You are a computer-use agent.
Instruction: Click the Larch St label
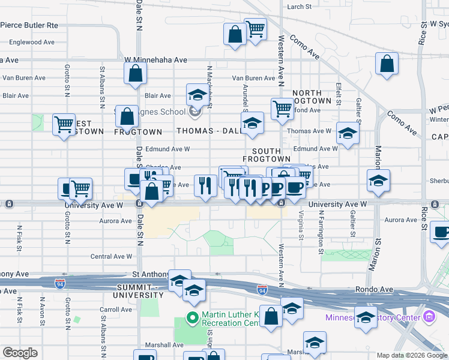pos(300,7)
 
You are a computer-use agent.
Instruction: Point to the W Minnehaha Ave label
pos(156,60)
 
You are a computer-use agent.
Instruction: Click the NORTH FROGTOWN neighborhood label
pos(312,97)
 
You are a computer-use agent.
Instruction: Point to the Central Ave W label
pos(110,256)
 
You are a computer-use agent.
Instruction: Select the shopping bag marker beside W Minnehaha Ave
pos(136,73)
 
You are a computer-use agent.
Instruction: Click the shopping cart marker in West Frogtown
pos(64,124)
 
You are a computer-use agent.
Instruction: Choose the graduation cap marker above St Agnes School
pos(197,94)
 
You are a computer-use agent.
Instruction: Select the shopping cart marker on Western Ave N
pos(282,109)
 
